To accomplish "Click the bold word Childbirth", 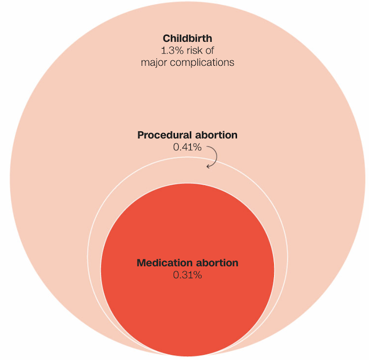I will [187, 38].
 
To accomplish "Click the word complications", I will [201, 62].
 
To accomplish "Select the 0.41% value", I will [187, 147].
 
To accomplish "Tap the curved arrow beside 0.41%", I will [213, 155].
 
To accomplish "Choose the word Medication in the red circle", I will [164, 263].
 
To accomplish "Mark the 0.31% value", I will [187, 275].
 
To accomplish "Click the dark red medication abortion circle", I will [187, 310].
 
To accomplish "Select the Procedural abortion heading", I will [187, 135].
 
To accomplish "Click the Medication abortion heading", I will [187, 263].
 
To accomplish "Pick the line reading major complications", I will [187, 62].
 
